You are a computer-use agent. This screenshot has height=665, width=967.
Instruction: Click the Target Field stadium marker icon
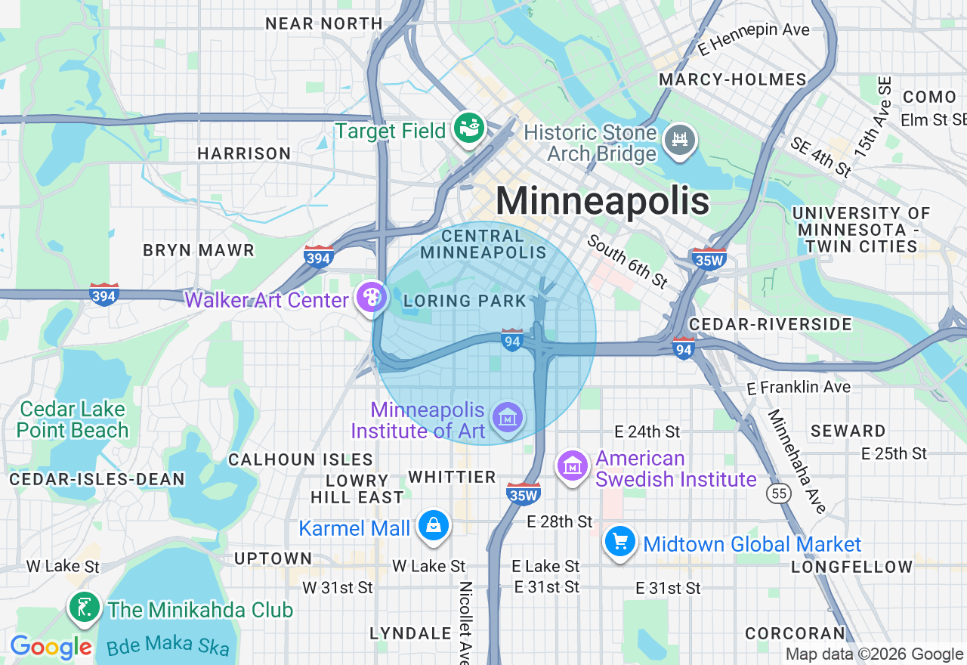(468, 129)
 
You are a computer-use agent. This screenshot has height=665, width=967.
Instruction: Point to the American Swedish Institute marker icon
(573, 466)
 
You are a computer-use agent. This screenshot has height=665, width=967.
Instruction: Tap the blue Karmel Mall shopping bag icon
(434, 526)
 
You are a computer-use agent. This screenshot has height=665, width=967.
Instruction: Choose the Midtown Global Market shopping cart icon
(619, 542)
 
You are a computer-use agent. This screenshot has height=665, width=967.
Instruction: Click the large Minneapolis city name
(602, 202)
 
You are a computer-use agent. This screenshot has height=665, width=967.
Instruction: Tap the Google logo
(51, 647)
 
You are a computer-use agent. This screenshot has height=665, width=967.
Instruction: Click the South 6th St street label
(628, 261)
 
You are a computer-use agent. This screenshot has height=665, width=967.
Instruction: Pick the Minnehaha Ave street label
(797, 461)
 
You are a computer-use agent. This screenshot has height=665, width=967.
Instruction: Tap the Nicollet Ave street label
(465, 621)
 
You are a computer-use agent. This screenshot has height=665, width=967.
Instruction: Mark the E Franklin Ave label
(798, 387)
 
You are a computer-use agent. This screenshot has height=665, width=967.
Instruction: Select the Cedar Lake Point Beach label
(73, 420)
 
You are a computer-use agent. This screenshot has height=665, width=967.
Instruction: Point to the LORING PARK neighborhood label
(465, 301)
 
